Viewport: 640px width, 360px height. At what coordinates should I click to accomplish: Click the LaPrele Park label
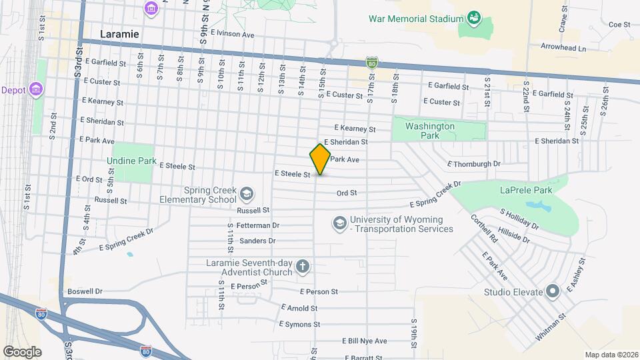tap(527, 190)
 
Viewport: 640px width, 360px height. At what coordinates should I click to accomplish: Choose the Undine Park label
tap(131, 161)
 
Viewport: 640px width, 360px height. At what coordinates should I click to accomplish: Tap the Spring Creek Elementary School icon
tap(246, 194)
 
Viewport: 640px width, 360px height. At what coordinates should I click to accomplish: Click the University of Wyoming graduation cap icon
tap(339, 222)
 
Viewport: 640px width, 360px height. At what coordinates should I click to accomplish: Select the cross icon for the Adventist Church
tap(303, 267)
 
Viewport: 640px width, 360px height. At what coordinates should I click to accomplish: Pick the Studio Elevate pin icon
tap(552, 291)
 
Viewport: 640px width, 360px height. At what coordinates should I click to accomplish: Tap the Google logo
tap(22, 351)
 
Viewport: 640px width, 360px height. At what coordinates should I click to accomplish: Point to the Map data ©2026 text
tap(611, 355)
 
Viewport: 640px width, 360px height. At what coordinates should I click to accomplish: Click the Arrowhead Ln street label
tap(563, 49)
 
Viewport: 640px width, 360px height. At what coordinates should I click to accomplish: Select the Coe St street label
tap(619, 24)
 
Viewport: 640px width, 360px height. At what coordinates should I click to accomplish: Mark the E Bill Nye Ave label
tap(364, 341)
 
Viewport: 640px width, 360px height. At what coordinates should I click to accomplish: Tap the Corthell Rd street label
tap(484, 228)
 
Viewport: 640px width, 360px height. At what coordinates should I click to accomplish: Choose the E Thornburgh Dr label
tap(473, 163)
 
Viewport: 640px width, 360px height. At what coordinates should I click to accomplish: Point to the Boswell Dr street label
tap(85, 291)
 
